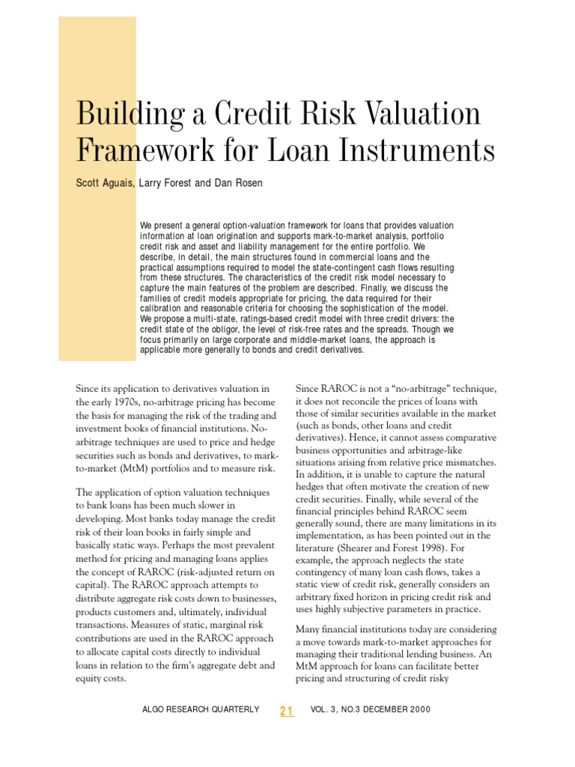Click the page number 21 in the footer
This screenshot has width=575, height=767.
287,710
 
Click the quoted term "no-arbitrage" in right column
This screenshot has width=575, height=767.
421,388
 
